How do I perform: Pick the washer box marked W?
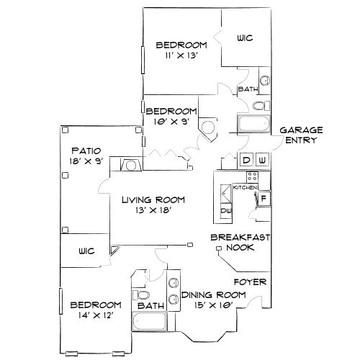point(262,160)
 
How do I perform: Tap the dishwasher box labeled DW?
point(225,210)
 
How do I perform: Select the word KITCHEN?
point(246,187)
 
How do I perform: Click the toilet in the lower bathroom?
point(141,295)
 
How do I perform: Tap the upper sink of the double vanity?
point(173,282)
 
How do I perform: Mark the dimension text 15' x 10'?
point(213,307)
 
